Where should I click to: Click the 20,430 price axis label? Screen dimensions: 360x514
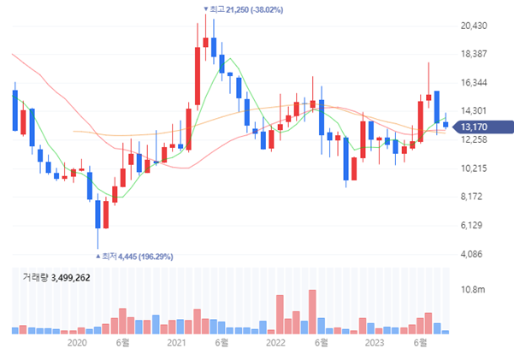473,26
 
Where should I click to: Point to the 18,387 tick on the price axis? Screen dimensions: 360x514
473,54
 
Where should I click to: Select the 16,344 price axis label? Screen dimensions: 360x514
473,83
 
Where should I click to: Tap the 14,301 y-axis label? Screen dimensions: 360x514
473,111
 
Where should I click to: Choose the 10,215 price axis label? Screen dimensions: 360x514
473,168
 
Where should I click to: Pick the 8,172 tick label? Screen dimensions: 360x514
473,197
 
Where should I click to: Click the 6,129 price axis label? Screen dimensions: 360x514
473,225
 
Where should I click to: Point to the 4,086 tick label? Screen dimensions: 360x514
473,254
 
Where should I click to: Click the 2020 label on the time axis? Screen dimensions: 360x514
77,343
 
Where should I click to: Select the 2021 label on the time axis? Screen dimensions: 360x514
176,343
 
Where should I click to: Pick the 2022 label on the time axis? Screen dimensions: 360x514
275,343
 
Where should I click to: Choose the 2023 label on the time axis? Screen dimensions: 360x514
374,343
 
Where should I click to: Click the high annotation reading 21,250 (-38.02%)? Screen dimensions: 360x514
247,9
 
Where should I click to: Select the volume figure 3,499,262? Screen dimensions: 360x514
70,278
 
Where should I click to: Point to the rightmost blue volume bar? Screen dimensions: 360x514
446,331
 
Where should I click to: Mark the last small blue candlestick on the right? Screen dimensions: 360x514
446,125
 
